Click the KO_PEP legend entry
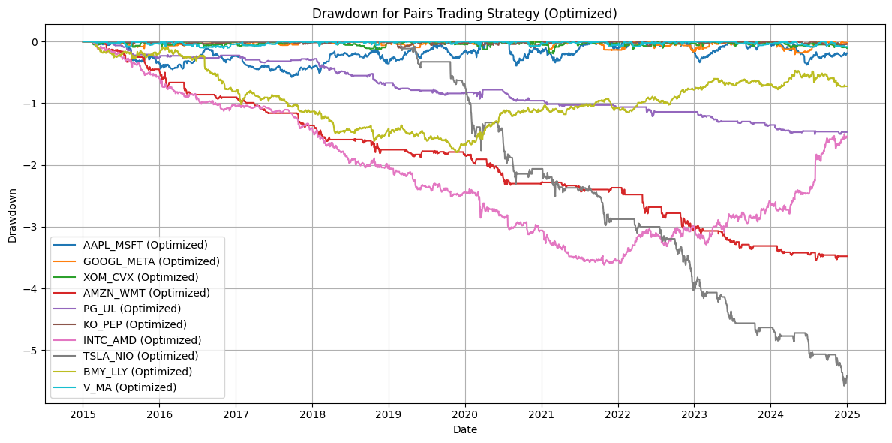click(x=135, y=324)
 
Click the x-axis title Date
click(x=464, y=430)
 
